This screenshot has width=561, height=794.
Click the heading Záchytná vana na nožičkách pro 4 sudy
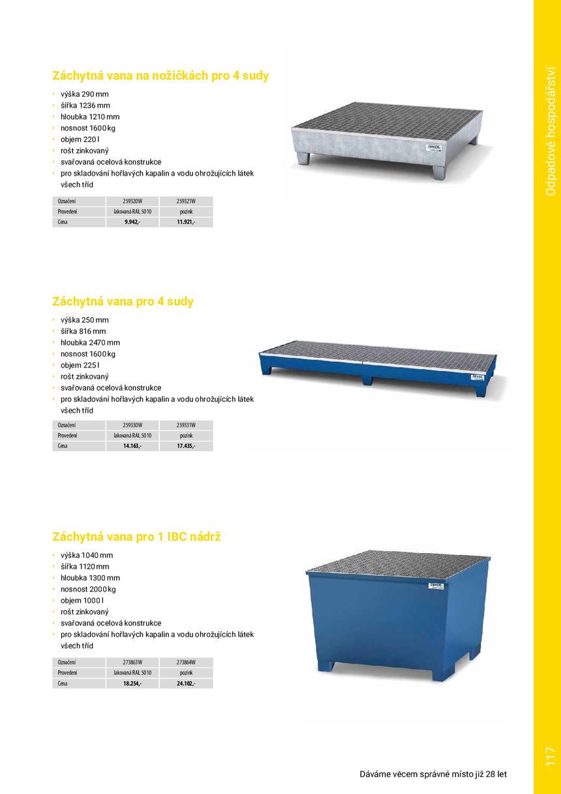point(160,76)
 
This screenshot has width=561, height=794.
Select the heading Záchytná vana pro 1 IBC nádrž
point(136,537)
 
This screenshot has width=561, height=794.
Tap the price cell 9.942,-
point(132,223)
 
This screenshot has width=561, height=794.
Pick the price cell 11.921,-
point(186,223)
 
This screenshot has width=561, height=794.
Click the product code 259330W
point(132,424)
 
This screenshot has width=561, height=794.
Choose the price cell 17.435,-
point(186,447)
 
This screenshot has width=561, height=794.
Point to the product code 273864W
point(186,662)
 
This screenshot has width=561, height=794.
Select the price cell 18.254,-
point(132,684)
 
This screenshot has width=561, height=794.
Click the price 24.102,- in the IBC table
point(186,684)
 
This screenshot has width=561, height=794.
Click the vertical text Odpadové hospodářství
point(550,131)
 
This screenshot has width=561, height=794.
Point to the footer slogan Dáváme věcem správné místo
point(433,774)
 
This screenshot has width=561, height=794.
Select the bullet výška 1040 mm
point(86,556)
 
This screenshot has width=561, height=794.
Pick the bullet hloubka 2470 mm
point(90,343)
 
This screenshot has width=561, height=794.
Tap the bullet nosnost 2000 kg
point(88,590)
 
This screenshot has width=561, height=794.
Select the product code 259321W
point(186,201)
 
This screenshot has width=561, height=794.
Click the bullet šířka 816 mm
point(83,332)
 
